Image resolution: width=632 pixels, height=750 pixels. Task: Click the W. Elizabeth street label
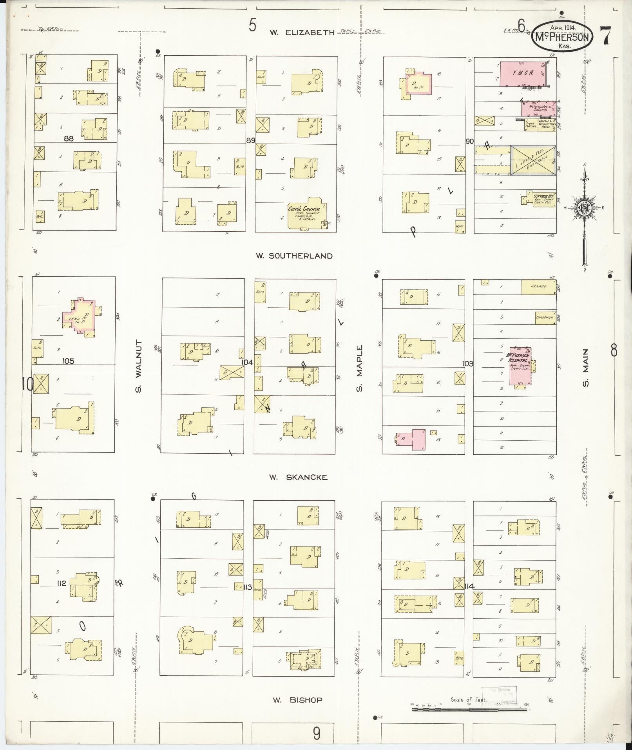point(302,33)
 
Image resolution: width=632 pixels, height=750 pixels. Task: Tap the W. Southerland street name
point(294,256)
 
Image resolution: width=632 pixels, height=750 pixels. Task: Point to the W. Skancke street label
point(298,477)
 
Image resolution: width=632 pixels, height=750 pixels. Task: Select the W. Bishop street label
point(297,700)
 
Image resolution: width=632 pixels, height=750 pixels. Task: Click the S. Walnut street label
point(138,366)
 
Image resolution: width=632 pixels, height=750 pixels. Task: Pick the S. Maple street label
point(359,368)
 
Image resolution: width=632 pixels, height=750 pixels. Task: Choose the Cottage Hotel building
point(542,198)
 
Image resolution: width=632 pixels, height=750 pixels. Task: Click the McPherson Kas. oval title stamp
point(562,37)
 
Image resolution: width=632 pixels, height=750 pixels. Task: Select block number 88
point(69,138)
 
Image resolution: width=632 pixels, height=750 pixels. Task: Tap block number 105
point(68,361)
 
